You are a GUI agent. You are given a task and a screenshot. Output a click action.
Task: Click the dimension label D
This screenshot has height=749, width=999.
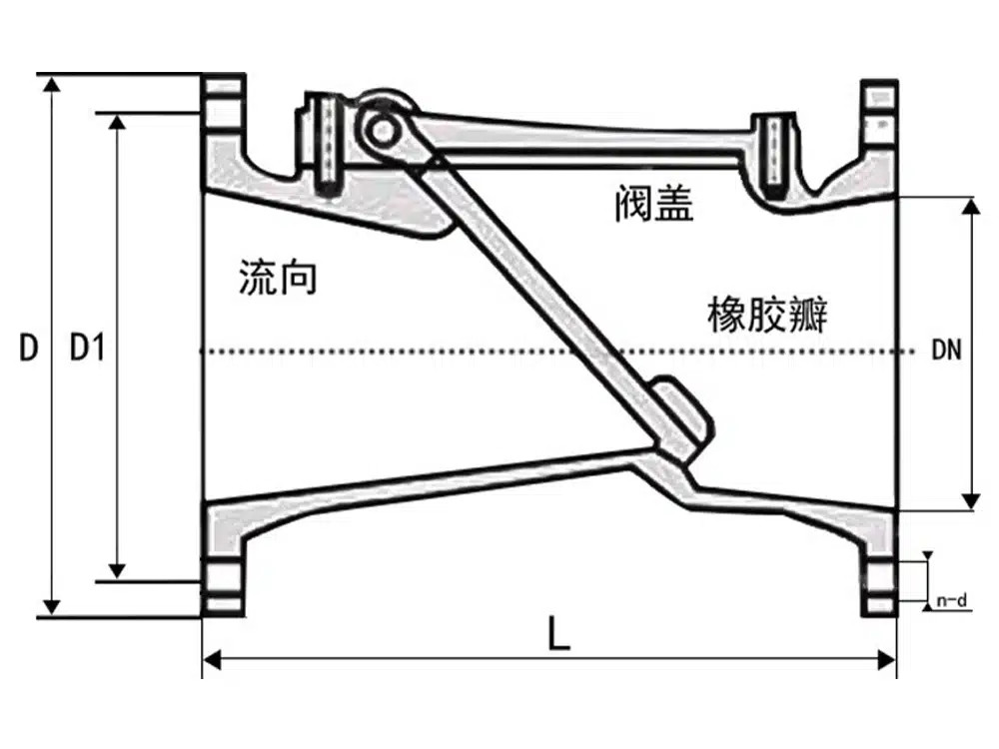28,349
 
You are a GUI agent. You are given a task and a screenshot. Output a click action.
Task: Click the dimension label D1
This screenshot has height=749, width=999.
86,349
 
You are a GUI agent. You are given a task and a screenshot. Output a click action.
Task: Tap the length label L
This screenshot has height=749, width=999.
558,633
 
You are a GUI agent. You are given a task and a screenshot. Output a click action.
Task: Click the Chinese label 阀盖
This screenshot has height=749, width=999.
653,205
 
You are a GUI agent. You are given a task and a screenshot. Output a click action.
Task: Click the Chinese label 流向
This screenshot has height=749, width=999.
278,277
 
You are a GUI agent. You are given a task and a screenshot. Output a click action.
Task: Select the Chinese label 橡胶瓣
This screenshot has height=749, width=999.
767,317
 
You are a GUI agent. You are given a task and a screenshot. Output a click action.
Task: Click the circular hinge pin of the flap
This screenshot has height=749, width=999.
379,129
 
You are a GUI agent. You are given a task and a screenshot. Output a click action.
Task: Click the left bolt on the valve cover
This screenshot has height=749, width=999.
326,142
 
